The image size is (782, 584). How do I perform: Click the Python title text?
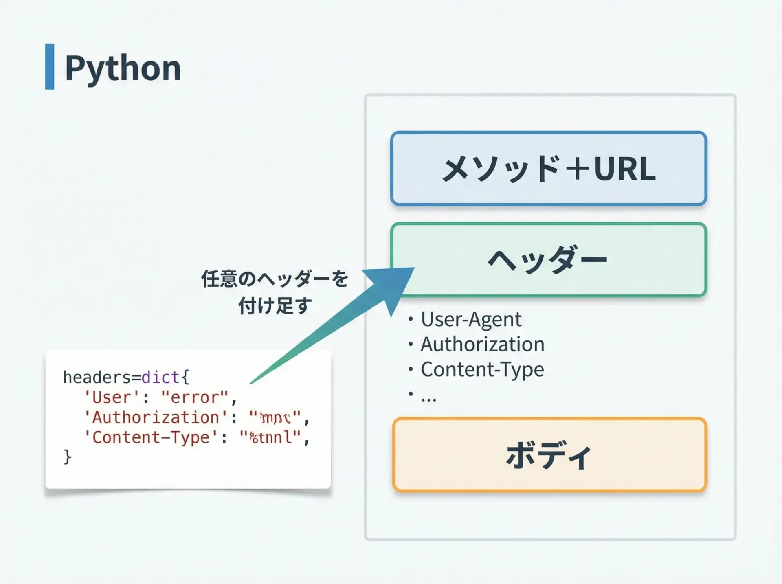(x=123, y=68)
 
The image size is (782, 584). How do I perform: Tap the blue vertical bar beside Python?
(x=50, y=66)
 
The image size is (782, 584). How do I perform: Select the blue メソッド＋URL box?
(x=548, y=168)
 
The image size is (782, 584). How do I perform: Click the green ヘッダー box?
(x=548, y=259)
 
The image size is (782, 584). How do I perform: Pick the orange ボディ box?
(x=549, y=455)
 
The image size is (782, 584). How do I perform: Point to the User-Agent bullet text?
(x=471, y=319)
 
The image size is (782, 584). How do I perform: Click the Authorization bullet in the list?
(x=482, y=345)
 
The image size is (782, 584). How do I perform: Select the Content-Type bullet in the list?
(x=482, y=370)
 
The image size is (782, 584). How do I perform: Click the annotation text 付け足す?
(x=275, y=306)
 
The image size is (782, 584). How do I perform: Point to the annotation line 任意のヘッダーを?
(x=275, y=279)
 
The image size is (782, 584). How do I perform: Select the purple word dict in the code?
(x=160, y=378)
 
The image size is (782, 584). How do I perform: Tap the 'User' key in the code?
(x=108, y=397)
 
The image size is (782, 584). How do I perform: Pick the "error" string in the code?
(x=195, y=397)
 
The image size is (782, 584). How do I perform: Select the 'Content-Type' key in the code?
(x=151, y=438)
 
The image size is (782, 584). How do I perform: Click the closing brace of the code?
(x=67, y=457)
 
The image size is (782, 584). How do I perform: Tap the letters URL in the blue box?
(x=625, y=169)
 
